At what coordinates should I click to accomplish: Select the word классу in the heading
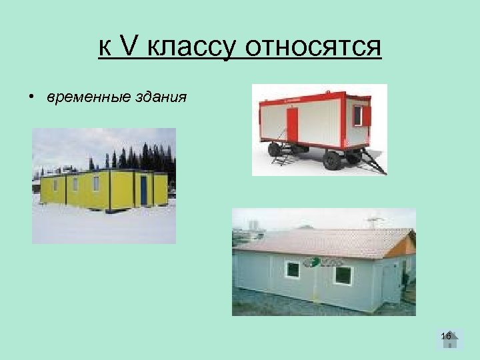pyautogui.click(x=191, y=48)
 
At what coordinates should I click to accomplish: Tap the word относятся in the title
pyautogui.click(x=313, y=48)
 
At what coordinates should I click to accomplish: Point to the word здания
pyautogui.click(x=161, y=98)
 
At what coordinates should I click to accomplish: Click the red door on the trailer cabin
pyautogui.click(x=292, y=125)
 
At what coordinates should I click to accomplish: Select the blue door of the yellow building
pyautogui.click(x=143, y=191)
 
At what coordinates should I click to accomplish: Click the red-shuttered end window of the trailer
pyautogui.click(x=360, y=115)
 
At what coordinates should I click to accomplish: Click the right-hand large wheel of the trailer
pyautogui.click(x=332, y=160)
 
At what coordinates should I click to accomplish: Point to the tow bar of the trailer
pyautogui.click(x=373, y=163)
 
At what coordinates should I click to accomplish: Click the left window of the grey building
pyautogui.click(x=292, y=270)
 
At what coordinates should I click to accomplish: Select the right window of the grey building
pyautogui.click(x=343, y=275)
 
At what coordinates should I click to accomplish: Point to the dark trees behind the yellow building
pyautogui.click(x=147, y=158)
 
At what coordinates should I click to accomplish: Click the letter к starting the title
pyautogui.click(x=104, y=48)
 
